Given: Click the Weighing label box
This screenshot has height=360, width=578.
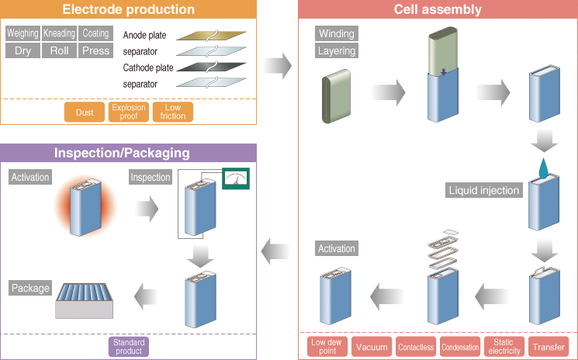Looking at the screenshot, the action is [x=22, y=33].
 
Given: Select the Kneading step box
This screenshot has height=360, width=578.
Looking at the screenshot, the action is [x=59, y=33].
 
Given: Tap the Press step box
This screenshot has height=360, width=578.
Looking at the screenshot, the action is [x=96, y=50].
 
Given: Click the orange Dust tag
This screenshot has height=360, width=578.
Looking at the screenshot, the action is [x=85, y=112].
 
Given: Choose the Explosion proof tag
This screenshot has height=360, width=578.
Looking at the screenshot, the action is [x=129, y=112].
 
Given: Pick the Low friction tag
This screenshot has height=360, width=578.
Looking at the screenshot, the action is [x=173, y=112].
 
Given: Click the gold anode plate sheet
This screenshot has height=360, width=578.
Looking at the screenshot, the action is [x=211, y=36].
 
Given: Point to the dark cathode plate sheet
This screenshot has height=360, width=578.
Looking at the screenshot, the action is [x=211, y=67].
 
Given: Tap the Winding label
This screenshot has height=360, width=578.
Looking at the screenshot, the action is [x=337, y=33].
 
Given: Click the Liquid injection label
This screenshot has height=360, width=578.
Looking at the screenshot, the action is [x=484, y=190].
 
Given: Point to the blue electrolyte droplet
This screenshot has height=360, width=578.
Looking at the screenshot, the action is [x=543, y=168].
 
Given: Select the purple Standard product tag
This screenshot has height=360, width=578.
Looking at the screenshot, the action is [x=129, y=347].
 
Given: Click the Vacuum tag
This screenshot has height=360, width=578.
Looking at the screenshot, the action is [x=372, y=347].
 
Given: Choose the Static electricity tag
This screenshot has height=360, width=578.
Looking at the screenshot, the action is [x=504, y=347].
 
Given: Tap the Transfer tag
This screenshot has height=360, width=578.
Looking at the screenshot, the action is [x=549, y=347].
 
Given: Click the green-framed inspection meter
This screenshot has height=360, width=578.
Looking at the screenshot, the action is [x=236, y=178].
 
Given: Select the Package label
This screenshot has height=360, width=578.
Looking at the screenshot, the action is [x=30, y=288].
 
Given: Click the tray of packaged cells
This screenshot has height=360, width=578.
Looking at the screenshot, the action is [x=85, y=301].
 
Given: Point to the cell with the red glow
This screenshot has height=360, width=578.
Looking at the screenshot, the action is [x=85, y=207].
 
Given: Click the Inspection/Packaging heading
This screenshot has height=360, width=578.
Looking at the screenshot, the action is [x=122, y=153].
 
